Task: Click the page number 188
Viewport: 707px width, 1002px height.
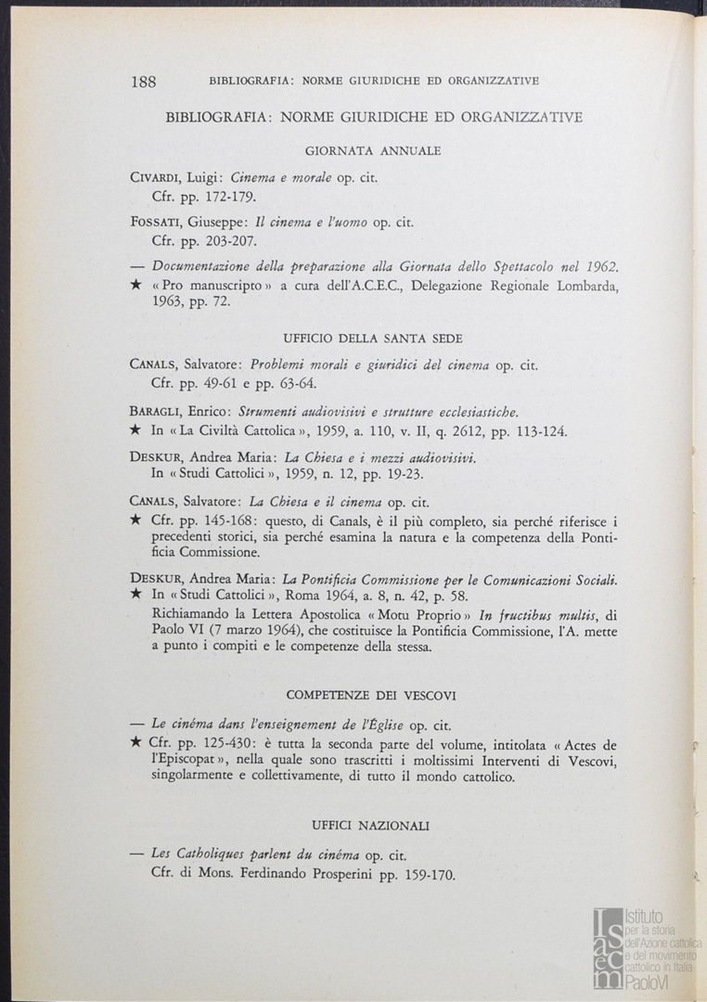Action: (144, 82)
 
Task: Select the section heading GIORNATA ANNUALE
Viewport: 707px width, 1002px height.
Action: (372, 150)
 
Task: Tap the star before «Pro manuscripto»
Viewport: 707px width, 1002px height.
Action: (135, 287)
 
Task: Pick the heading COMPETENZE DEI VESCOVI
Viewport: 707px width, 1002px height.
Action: (370, 695)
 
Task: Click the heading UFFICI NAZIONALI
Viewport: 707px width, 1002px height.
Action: (370, 825)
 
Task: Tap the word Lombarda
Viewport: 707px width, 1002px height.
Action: (582, 287)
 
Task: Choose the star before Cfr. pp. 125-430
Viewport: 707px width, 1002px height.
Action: (135, 743)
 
